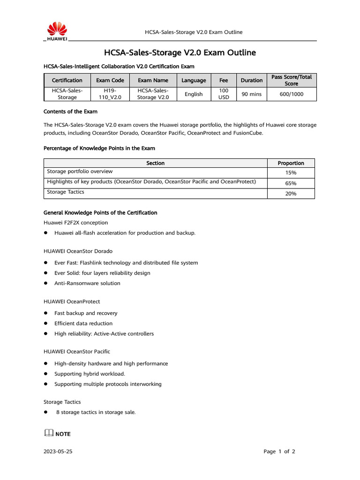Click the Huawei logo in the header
tap(56, 31)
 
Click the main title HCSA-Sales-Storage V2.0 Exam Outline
tap(180, 52)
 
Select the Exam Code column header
tap(110, 80)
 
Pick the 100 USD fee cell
tap(224, 94)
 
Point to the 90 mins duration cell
tap(251, 94)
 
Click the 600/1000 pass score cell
tap(291, 94)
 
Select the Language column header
tap(194, 80)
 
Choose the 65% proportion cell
tap(291, 183)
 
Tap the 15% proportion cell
tap(291, 172)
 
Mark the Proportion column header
tap(291, 163)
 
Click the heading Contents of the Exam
tap(70, 112)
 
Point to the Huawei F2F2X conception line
tap(75, 223)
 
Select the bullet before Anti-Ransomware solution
tap(46, 283)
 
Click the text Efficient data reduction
tap(83, 323)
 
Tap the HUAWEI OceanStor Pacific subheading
tap(77, 351)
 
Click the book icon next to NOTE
tap(48, 434)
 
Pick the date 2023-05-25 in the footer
tap(58, 452)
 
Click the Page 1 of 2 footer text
tap(279, 452)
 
